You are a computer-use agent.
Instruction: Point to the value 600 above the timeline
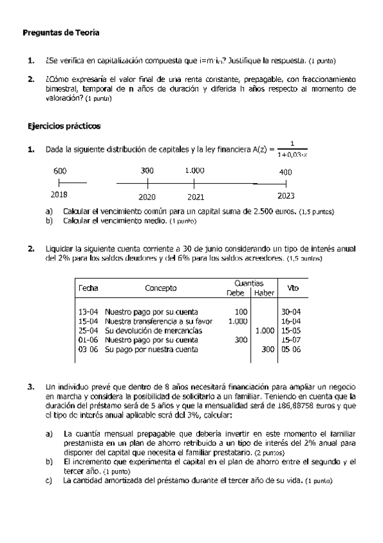click(x=59, y=171)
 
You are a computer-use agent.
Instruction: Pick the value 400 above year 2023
click(x=285, y=172)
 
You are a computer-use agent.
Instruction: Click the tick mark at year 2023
click(x=285, y=184)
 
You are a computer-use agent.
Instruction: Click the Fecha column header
click(x=88, y=288)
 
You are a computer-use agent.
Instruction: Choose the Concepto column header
click(x=160, y=288)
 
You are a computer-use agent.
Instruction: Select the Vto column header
click(x=293, y=288)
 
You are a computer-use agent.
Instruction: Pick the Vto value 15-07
click(x=292, y=340)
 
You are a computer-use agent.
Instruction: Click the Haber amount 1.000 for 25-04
click(x=264, y=330)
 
